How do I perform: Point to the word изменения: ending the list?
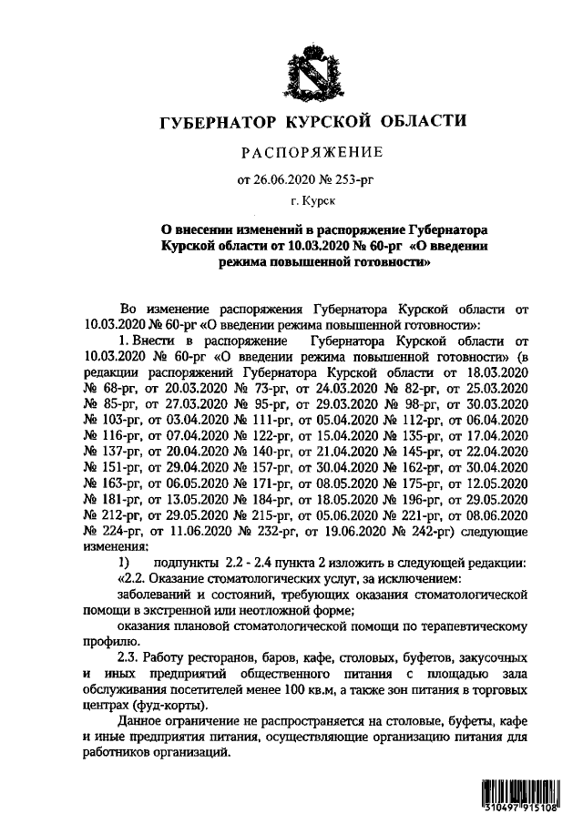[115, 547]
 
